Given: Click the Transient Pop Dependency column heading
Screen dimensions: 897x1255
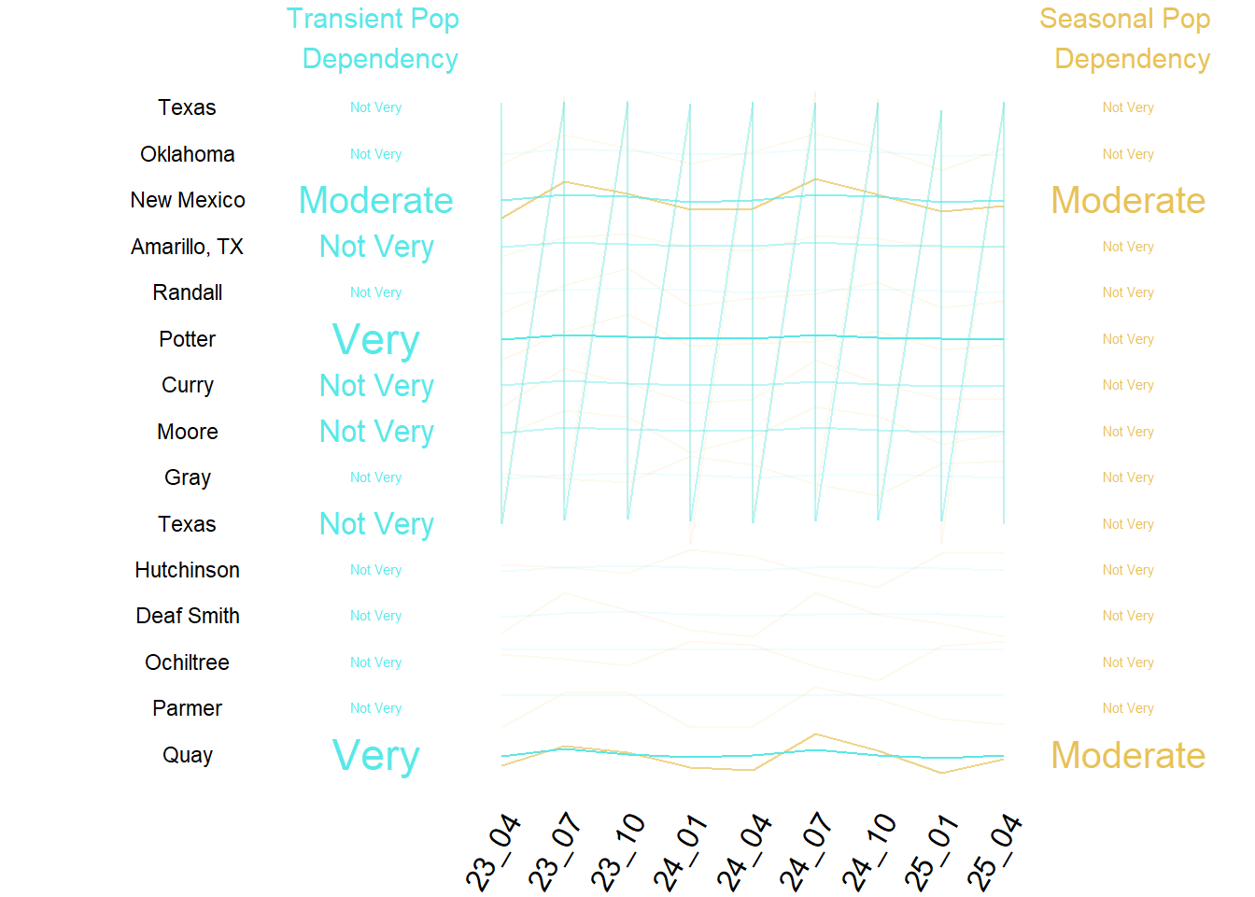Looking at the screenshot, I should [x=374, y=38].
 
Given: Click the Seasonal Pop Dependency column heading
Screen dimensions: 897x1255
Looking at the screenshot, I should [x=1126, y=38].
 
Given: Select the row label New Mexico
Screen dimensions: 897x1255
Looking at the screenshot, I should [x=188, y=200].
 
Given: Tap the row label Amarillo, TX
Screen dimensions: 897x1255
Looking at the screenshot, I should [x=188, y=247].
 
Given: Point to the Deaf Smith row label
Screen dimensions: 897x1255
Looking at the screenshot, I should [x=188, y=616].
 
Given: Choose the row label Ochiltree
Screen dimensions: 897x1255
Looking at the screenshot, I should [x=188, y=662].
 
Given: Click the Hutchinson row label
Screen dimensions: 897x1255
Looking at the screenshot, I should [x=188, y=570].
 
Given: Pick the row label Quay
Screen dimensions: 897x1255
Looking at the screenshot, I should [x=188, y=755].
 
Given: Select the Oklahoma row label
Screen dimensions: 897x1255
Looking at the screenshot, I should [x=188, y=154].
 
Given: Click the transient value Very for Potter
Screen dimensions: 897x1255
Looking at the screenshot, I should [x=376, y=340].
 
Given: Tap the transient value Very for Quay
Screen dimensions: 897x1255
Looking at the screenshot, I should [x=376, y=756].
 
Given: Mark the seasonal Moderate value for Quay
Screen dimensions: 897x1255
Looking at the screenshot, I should [x=1128, y=756].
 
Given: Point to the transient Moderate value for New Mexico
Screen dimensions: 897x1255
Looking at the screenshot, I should [x=376, y=201].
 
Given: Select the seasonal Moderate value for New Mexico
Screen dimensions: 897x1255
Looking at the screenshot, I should [x=1128, y=201].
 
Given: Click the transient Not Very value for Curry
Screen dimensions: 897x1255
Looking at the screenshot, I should [x=376, y=386].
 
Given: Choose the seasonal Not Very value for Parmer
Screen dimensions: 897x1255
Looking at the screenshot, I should [x=1128, y=708].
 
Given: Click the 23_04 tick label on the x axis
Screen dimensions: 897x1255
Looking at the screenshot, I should [x=493, y=853].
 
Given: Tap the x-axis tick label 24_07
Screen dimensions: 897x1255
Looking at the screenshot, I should [x=807, y=853].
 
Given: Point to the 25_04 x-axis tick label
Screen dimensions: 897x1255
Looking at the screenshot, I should [x=995, y=853].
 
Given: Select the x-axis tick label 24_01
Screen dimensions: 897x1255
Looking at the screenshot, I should [x=682, y=853].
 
